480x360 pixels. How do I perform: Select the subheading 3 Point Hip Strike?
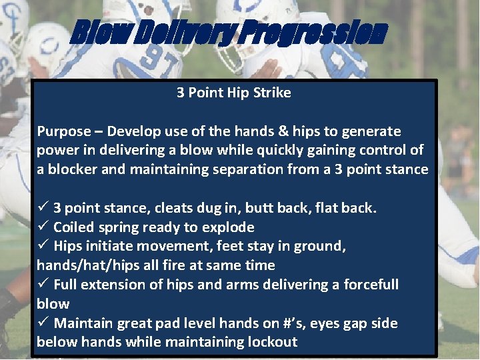(x=233, y=93)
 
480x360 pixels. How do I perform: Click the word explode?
(x=231, y=227)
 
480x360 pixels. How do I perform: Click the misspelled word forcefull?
(x=371, y=285)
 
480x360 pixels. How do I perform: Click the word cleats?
(x=177, y=208)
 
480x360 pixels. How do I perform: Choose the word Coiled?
(x=75, y=227)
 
